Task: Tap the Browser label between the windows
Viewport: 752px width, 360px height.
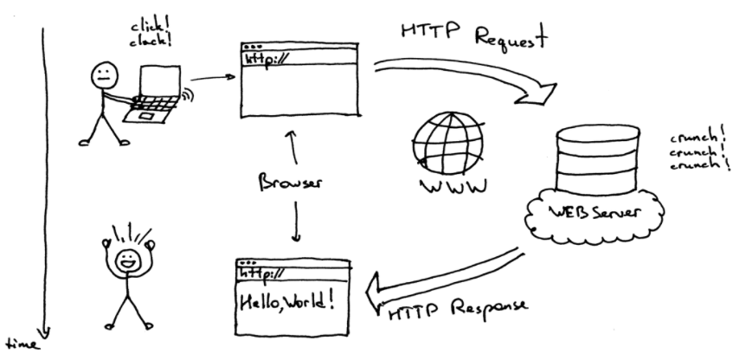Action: point(291,183)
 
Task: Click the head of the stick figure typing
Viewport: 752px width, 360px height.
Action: point(102,74)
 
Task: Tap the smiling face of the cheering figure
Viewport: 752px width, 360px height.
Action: point(128,258)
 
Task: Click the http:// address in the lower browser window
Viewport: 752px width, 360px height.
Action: point(264,273)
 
